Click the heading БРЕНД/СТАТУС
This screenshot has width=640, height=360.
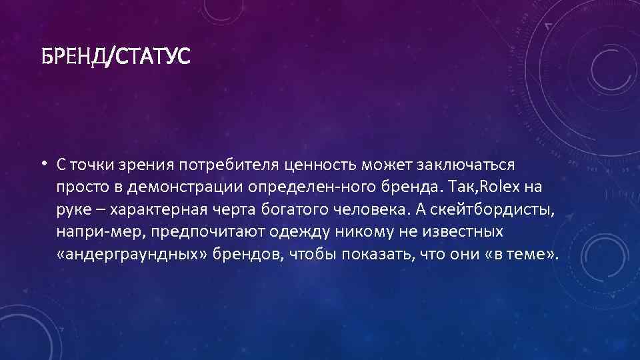tap(115, 56)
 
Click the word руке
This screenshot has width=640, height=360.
tap(73, 211)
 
